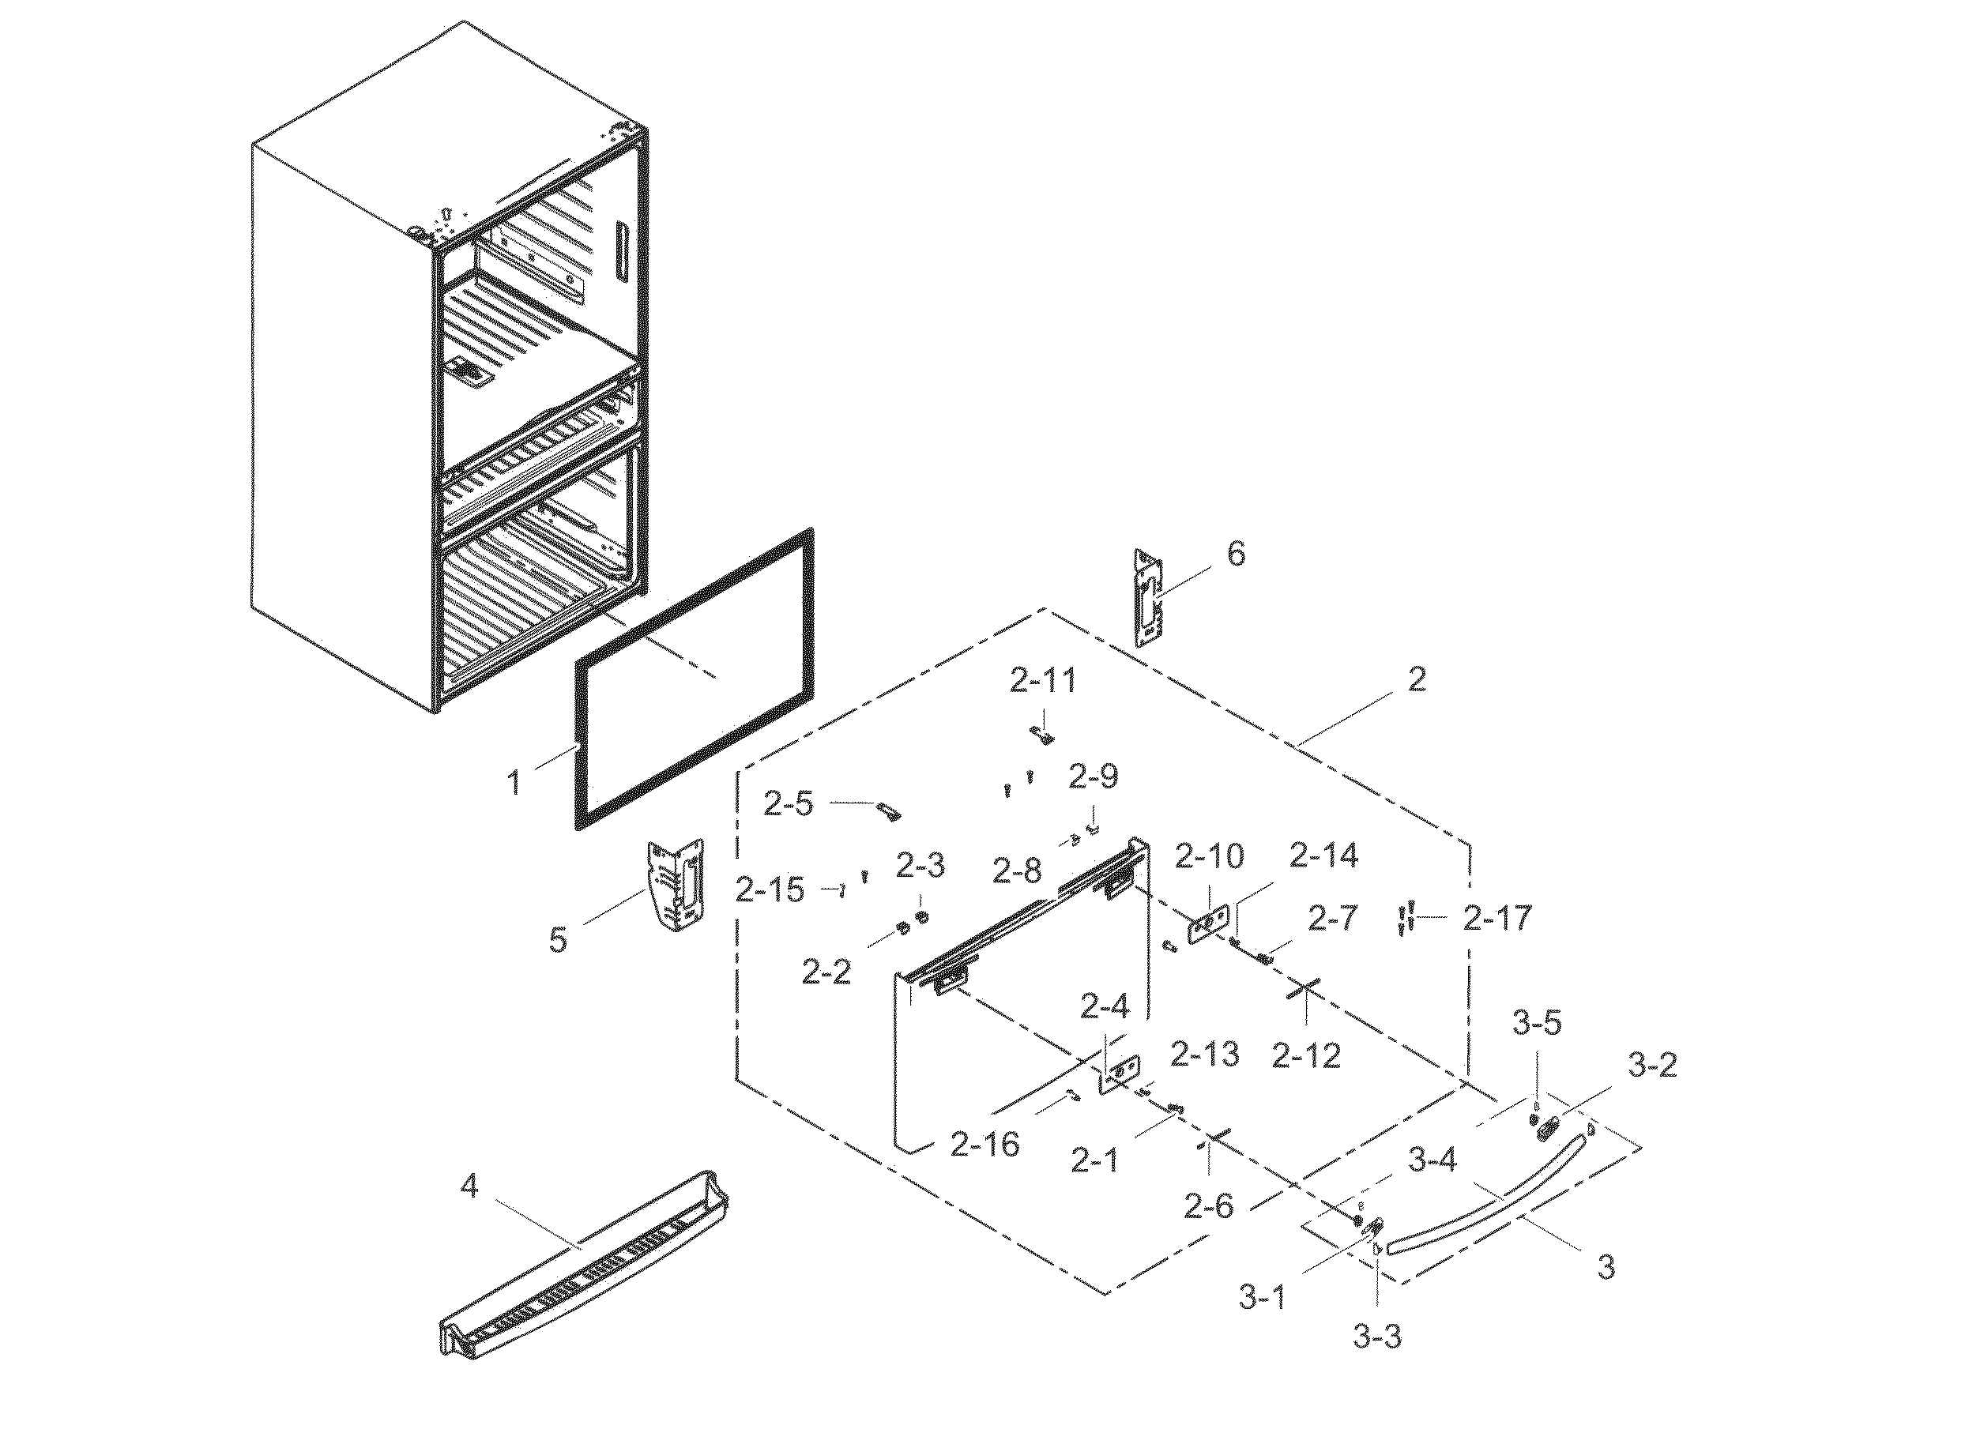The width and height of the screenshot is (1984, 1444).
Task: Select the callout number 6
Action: tap(1235, 554)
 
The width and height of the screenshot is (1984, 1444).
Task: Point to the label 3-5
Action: tap(1537, 1021)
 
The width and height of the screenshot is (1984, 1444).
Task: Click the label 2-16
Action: tap(984, 1144)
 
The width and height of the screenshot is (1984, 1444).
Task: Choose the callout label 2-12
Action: tap(1306, 1055)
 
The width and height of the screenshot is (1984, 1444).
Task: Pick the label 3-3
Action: tap(1377, 1337)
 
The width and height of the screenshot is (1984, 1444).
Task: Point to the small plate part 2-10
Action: tap(1207, 925)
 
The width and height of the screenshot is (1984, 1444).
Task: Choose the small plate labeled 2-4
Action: tap(1120, 1074)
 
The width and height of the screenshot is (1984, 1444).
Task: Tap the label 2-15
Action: tap(769, 890)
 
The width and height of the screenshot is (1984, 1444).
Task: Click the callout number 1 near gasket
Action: tap(515, 782)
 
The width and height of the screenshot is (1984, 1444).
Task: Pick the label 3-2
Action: tap(1652, 1066)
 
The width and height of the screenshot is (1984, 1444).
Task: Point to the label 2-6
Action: tap(1208, 1207)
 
